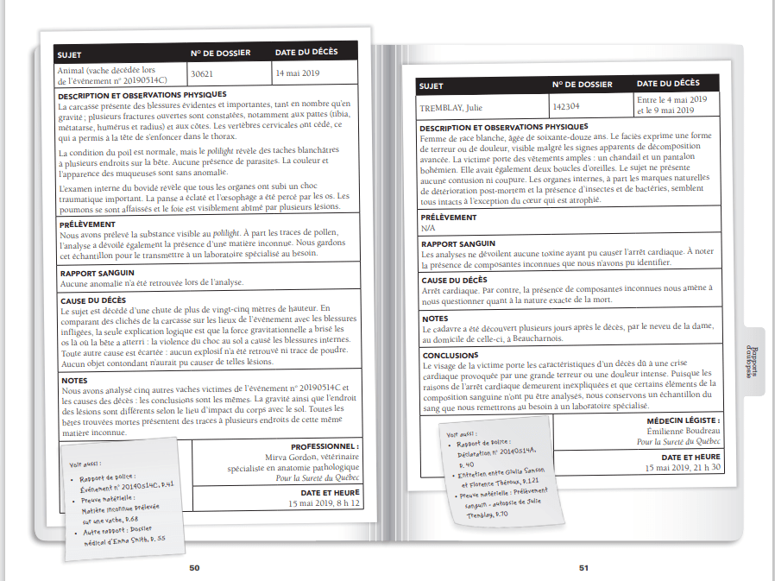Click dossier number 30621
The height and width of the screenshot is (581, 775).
201,74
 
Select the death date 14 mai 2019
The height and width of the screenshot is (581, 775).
297,73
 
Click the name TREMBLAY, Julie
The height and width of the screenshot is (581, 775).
451,108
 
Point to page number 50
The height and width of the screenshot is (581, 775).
194,567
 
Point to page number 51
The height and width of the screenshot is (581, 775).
583,567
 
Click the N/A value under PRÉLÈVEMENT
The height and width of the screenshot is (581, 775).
427,229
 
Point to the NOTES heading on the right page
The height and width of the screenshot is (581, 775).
435,319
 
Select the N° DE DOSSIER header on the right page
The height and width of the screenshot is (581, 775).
582,85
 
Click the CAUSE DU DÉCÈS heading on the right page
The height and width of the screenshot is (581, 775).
455,281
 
